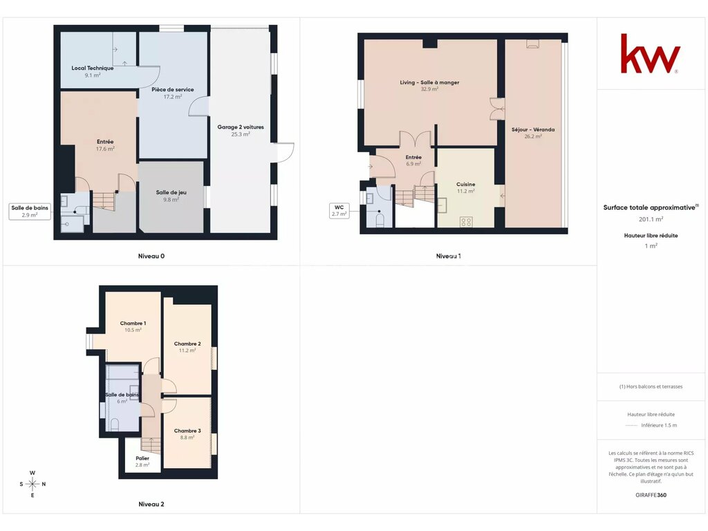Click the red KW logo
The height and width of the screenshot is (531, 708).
tap(650, 53)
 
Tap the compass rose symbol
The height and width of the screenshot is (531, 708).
tap(32, 484)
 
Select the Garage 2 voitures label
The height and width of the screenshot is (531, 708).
tap(241, 127)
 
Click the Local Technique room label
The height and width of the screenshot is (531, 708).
tap(93, 68)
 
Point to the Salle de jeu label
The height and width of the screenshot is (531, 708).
tap(171, 192)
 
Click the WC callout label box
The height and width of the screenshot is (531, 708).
tap(339, 210)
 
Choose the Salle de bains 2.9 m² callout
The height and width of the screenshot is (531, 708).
tap(30, 212)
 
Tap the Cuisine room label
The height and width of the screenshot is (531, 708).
tap(465, 184)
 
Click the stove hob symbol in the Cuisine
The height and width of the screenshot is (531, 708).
tap(466, 222)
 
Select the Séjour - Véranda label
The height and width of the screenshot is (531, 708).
tap(533, 129)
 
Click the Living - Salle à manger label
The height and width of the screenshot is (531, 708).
tap(429, 83)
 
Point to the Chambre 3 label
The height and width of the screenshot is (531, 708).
tap(187, 431)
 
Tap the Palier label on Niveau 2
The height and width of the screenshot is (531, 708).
tap(142, 458)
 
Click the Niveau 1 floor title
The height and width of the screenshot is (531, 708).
tap(448, 256)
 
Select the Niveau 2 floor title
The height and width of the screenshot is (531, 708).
tap(151, 504)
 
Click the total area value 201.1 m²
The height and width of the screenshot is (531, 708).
tap(651, 219)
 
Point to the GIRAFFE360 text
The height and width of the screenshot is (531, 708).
tap(651, 495)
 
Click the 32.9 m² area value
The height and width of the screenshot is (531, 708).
tap(429, 89)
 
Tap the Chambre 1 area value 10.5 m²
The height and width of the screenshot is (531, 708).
tap(133, 330)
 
